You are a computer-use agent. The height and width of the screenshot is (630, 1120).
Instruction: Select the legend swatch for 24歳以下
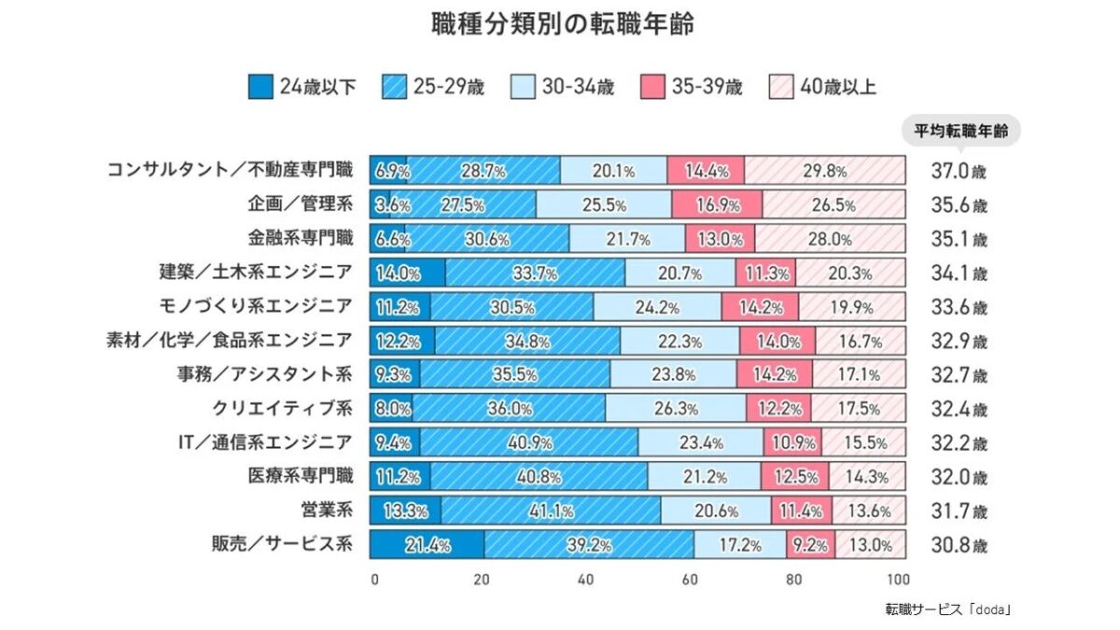point(260,88)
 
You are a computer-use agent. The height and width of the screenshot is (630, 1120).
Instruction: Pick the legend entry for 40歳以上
point(822,88)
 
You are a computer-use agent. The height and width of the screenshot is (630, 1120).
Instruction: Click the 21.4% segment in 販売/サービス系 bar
point(427,545)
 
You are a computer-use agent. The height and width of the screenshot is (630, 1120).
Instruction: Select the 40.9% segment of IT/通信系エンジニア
point(528,443)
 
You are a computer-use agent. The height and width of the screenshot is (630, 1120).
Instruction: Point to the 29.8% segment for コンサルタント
point(825,171)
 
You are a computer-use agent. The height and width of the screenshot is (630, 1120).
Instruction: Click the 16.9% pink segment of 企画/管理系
point(717,205)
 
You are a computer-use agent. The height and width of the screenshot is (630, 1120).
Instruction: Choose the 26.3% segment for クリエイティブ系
point(675,409)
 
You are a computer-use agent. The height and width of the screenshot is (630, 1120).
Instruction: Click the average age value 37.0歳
point(958,172)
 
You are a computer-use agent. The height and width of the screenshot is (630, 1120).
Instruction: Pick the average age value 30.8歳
point(958,545)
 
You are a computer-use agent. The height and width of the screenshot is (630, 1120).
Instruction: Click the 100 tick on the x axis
point(897,579)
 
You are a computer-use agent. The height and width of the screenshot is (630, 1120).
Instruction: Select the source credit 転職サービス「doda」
point(948,609)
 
